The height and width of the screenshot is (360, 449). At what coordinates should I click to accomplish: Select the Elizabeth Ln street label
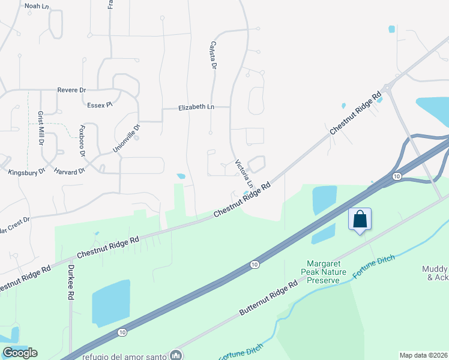coord(196,107)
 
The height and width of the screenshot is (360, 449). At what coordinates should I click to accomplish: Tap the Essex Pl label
coord(100,105)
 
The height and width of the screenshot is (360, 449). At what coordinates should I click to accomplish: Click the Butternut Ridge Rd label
coord(268,298)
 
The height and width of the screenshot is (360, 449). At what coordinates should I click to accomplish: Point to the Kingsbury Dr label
coord(26,172)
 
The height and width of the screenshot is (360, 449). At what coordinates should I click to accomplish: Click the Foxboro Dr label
coord(83,141)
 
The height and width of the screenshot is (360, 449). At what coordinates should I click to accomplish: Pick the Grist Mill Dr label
coord(41,128)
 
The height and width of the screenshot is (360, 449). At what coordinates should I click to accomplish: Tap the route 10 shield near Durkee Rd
coord(122,331)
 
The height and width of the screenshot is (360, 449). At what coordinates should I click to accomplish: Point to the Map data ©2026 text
coord(423,355)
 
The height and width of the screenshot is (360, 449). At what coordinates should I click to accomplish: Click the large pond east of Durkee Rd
coord(110,303)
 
